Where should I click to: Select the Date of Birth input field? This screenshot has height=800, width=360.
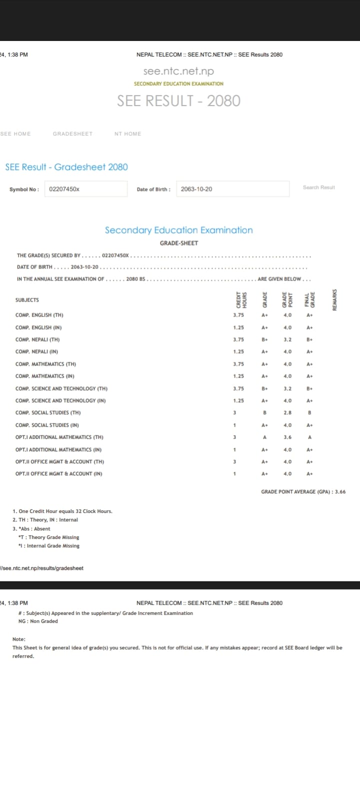coord(232,189)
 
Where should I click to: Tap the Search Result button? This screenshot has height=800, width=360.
coord(318,187)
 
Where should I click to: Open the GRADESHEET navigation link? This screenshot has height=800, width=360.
coord(72,134)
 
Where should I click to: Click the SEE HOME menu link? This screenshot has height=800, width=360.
coord(15,134)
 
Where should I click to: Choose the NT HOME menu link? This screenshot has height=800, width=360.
coord(127,134)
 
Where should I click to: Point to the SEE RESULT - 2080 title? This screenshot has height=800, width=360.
coord(178,101)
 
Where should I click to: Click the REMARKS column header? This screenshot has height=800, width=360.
coord(334,299)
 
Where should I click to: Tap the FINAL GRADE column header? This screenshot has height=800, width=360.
coord(310,299)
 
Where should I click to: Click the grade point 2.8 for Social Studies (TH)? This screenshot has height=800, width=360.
coord(287,413)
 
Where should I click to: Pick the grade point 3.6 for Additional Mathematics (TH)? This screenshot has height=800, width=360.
coord(287,437)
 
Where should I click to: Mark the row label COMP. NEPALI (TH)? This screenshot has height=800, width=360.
coord(37,339)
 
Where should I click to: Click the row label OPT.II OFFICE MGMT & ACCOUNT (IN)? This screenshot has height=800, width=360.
coord(59,474)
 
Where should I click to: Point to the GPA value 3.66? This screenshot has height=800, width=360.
coord(340,492)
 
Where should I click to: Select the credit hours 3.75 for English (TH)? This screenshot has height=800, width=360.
coord(238,315)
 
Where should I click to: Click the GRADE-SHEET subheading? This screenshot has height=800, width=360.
coord(179,243)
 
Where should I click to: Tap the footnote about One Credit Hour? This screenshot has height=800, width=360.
coord(62,511)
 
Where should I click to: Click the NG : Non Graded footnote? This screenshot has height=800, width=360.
coord(38,621)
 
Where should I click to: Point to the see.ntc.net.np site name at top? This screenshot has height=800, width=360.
coord(178,71)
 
